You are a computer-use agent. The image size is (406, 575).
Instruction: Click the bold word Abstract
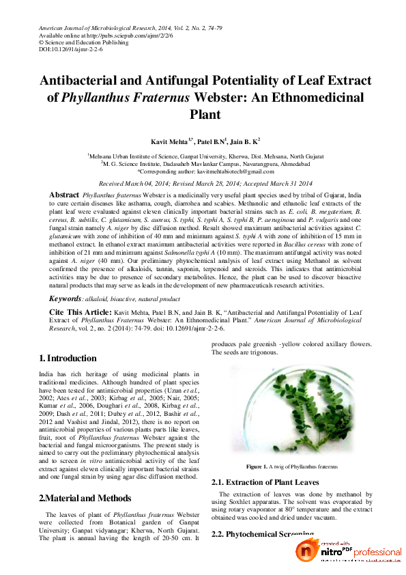tap(65, 195)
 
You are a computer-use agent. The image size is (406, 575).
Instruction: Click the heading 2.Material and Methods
tap(87, 499)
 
